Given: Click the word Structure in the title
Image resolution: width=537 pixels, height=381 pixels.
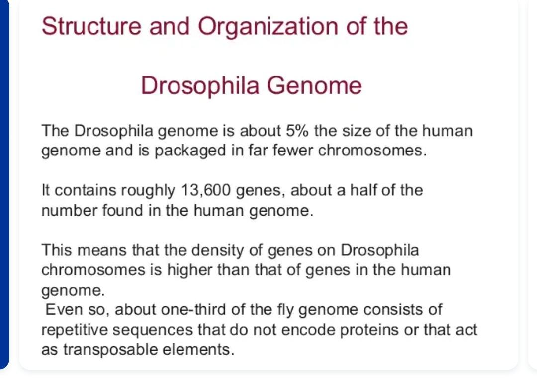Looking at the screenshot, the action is click(91, 26).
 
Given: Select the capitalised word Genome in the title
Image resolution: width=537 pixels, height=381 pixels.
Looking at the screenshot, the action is click(314, 85).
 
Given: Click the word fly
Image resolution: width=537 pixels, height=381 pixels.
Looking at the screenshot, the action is click(286, 310).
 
